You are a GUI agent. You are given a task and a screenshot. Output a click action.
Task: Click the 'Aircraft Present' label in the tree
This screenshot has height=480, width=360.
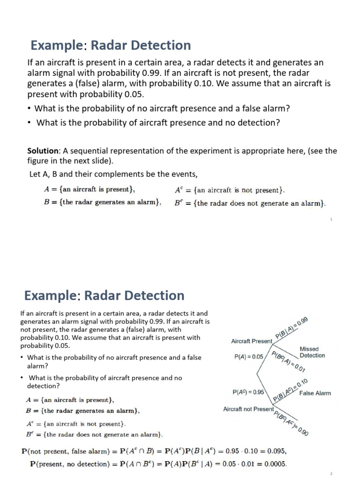click(x=252, y=341)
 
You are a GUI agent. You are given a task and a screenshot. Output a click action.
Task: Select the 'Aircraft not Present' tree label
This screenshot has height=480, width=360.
click(x=248, y=409)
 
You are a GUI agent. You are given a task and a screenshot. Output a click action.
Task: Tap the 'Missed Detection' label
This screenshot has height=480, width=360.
click(x=312, y=352)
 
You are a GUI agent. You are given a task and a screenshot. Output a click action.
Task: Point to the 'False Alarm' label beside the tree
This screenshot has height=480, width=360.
click(x=315, y=393)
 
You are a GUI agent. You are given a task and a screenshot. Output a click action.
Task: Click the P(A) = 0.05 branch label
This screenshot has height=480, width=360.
click(x=248, y=357)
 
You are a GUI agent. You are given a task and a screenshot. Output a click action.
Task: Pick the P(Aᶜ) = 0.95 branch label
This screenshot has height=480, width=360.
click(x=248, y=392)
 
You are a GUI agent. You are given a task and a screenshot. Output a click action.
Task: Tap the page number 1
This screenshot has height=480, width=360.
click(x=331, y=219)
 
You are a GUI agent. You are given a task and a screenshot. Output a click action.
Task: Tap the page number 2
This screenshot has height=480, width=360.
click(x=331, y=474)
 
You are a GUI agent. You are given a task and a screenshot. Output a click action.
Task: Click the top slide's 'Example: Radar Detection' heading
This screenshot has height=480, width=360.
click(x=111, y=45)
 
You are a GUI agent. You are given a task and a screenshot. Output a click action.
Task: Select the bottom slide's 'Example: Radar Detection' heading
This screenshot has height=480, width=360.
click(x=104, y=296)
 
